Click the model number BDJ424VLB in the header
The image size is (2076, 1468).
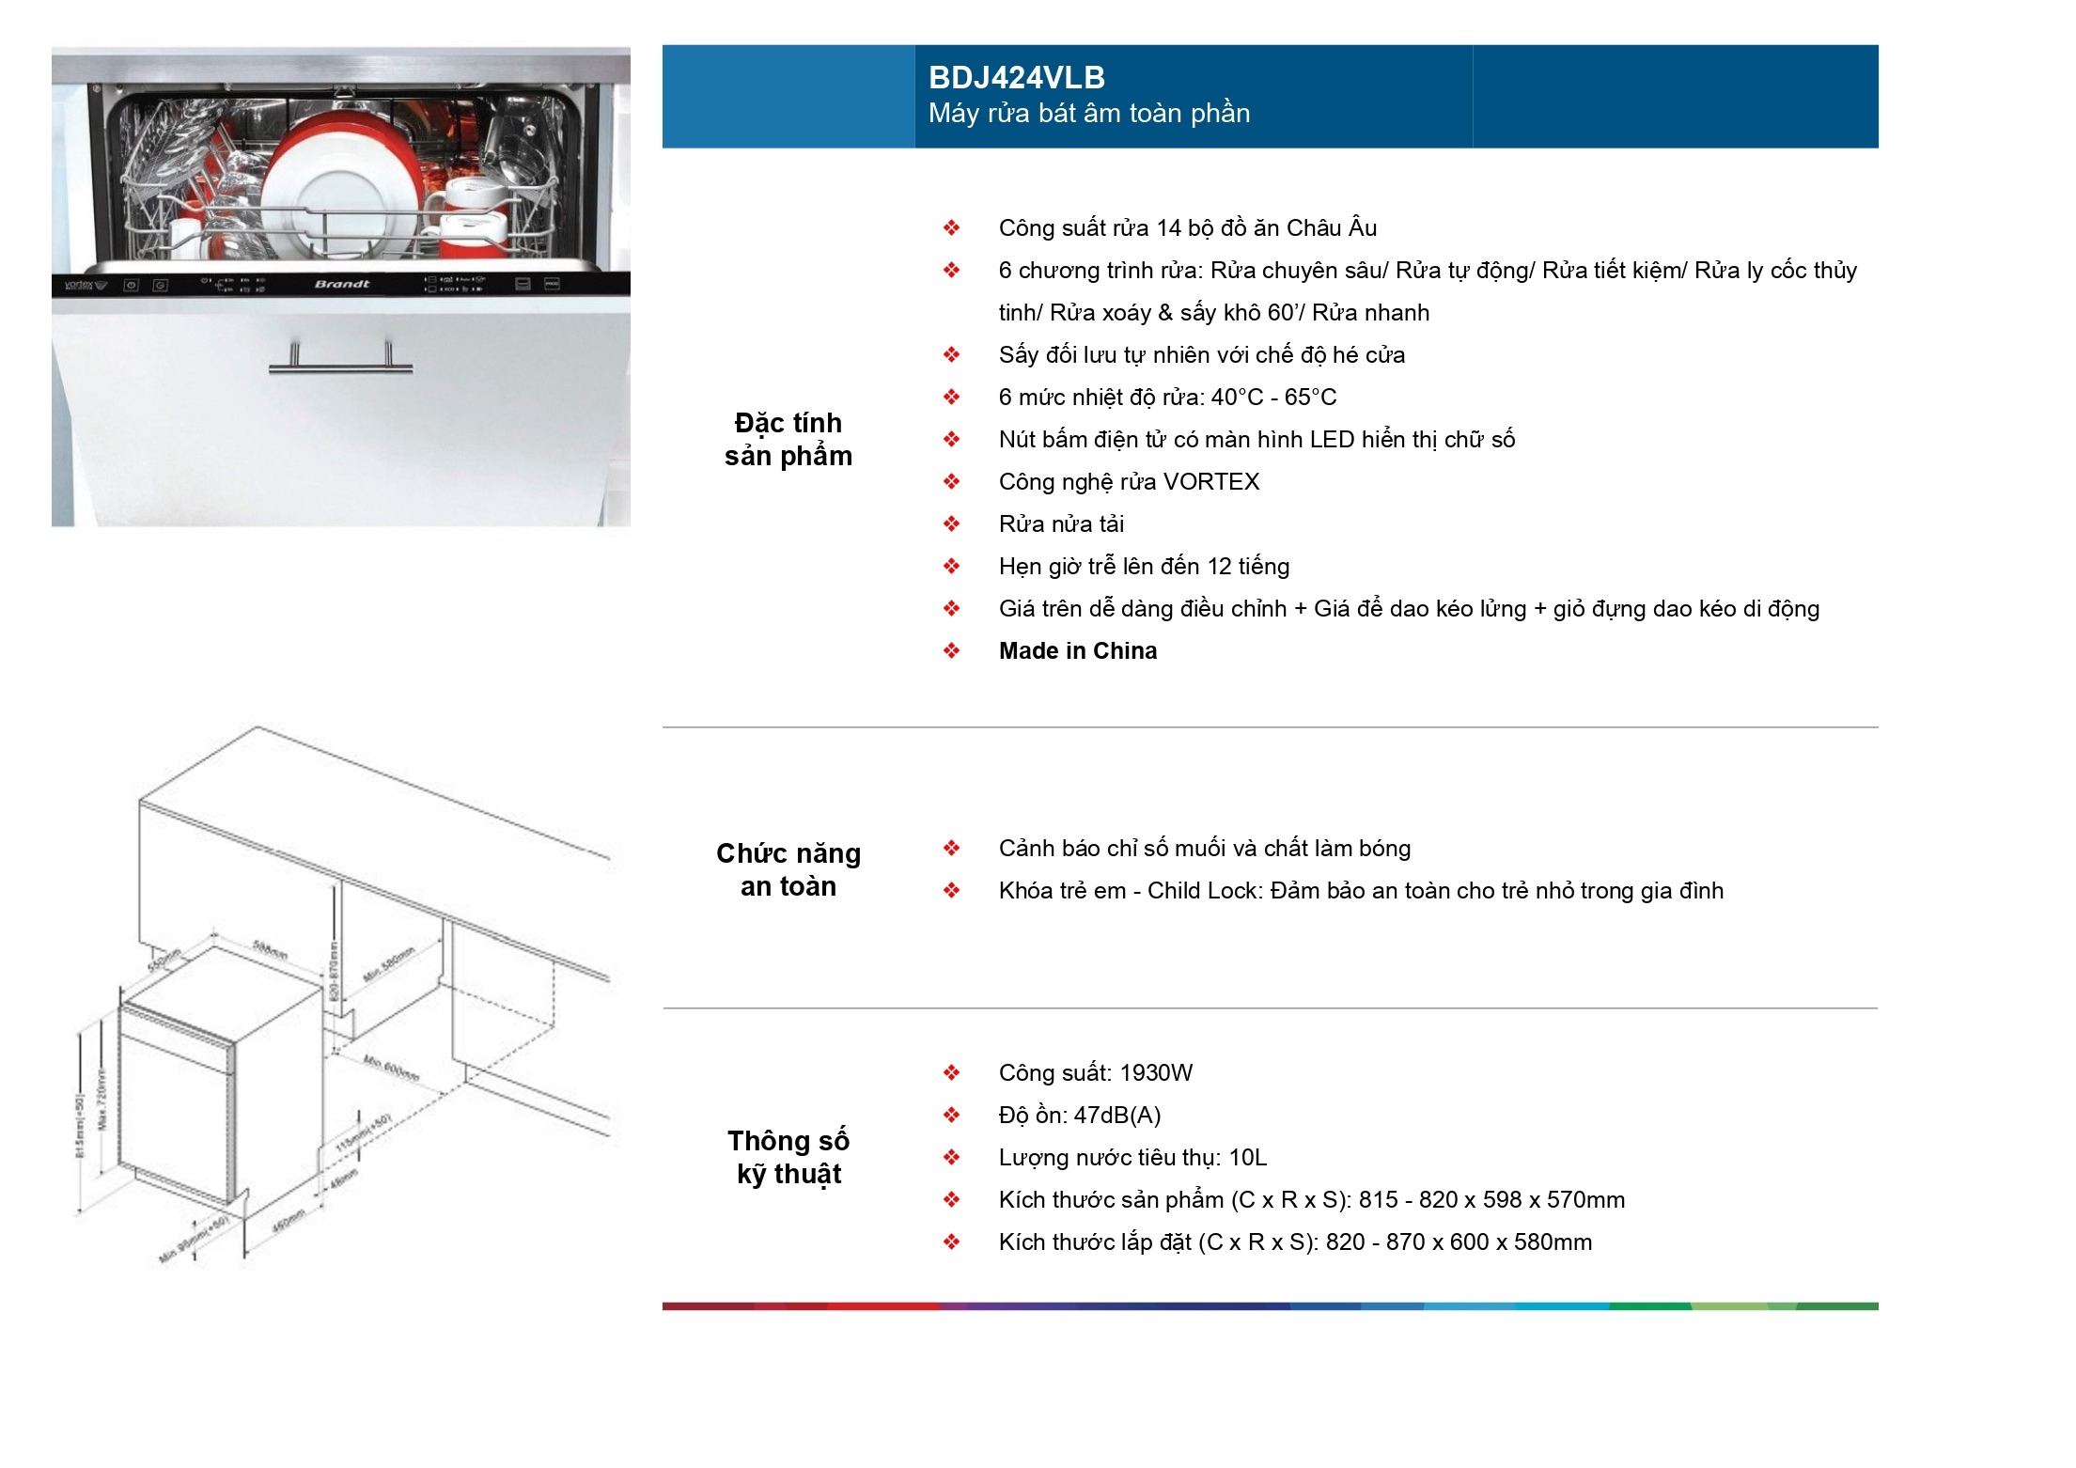[1016, 77]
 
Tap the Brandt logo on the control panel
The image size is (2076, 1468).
[342, 284]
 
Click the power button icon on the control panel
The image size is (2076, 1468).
[132, 285]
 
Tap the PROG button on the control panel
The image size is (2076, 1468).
[553, 284]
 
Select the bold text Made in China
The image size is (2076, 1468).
[1077, 651]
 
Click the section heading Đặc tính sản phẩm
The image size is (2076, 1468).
[788, 439]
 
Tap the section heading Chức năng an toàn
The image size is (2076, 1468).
[788, 869]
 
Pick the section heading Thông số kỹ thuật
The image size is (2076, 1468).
[788, 1157]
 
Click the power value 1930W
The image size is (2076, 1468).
[1156, 1073]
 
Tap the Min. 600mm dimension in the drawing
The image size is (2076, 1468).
[391, 1068]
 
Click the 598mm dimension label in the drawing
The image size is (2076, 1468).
[270, 950]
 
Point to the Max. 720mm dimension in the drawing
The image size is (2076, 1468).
[102, 1100]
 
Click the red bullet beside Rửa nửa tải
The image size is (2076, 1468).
[951, 524]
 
